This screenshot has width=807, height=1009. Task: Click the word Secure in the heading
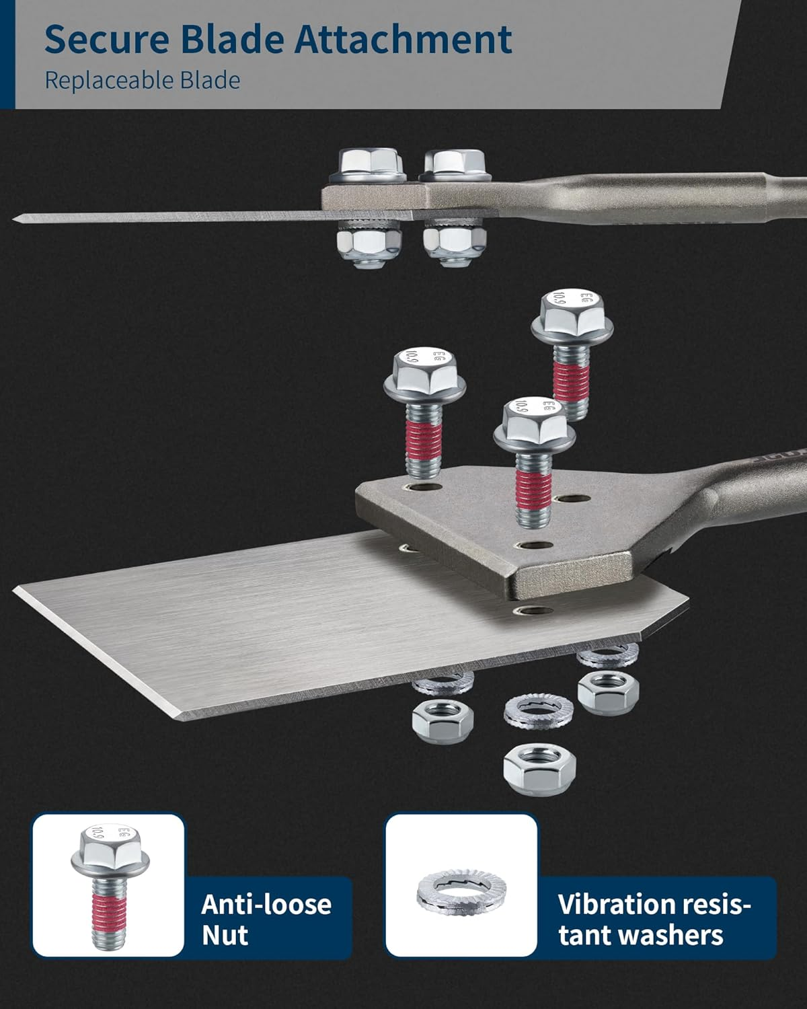pos(107,40)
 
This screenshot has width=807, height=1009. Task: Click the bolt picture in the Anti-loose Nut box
pos(110,887)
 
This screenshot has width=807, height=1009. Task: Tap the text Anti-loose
pos(266,904)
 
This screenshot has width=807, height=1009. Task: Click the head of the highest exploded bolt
pos(572,313)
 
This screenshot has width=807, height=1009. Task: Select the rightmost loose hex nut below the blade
pos(608,693)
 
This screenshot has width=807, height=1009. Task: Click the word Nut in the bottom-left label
pos(225,936)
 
